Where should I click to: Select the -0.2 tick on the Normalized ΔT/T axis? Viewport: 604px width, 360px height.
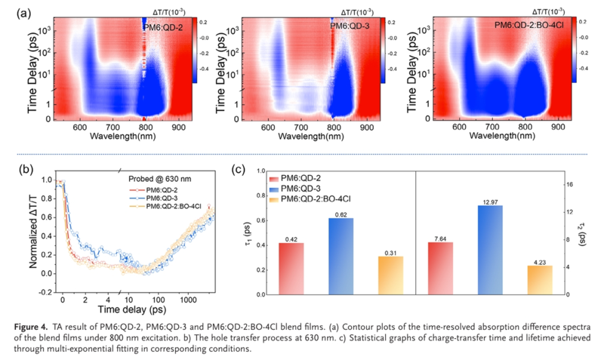click(x=45, y=291)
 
